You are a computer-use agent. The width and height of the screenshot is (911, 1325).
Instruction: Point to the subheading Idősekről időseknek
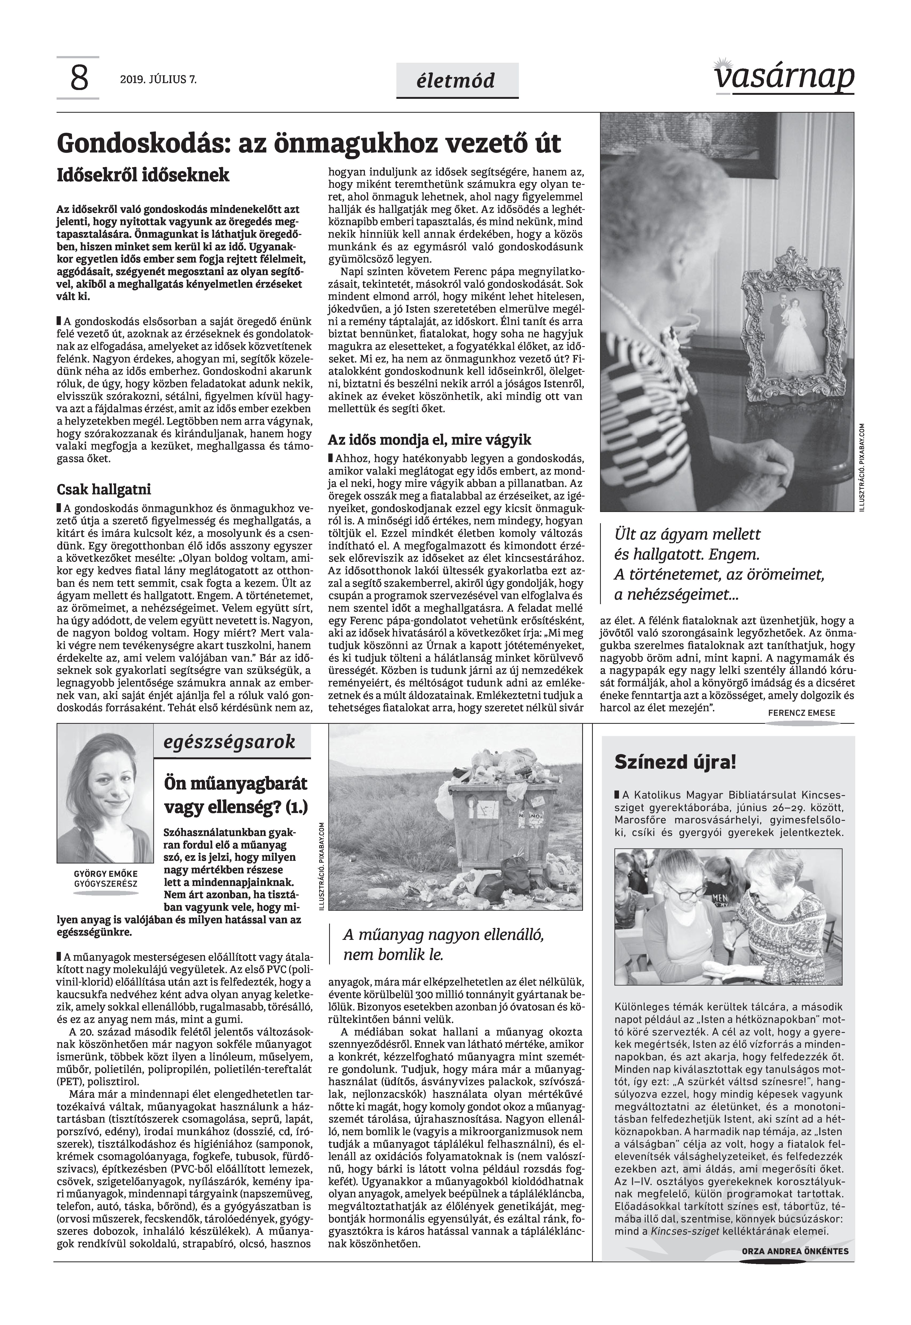tap(143, 175)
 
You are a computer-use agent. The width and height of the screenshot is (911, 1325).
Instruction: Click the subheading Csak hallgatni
tap(104, 490)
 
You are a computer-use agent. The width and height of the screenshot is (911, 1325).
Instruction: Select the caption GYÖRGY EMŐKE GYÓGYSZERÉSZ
tap(106, 878)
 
